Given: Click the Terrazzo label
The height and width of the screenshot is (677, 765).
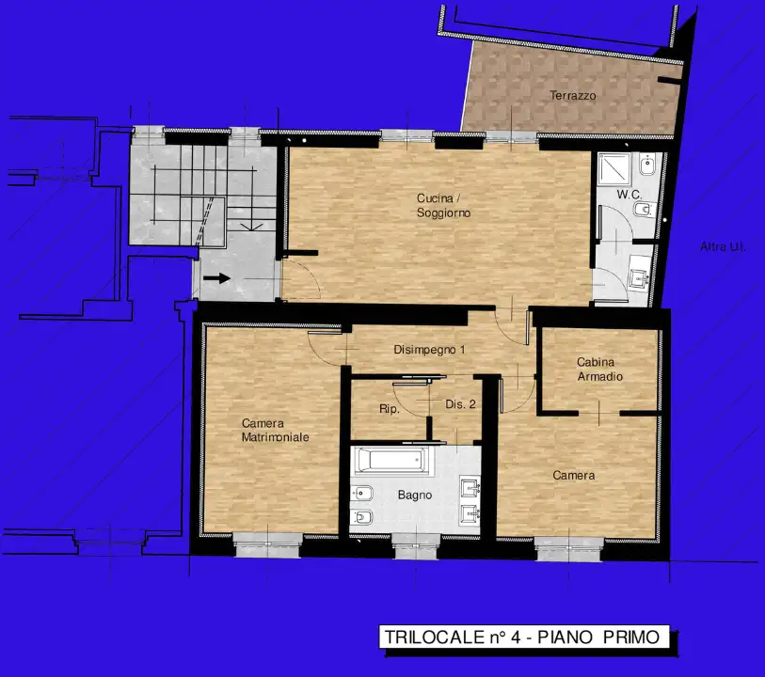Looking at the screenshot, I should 573,95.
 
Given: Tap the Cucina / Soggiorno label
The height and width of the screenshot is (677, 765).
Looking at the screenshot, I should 443,206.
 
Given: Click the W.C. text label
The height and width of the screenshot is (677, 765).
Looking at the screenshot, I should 629,195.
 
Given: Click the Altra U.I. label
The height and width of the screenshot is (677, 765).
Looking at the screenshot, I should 723,246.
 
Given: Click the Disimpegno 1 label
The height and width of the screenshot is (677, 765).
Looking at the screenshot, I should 430,350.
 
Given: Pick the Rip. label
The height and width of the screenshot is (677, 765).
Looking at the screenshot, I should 390,409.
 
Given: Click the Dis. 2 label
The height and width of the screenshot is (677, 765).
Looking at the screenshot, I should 459,404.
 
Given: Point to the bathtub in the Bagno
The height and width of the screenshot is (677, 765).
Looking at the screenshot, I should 392,460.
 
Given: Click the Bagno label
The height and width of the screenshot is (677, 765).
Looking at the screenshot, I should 414,495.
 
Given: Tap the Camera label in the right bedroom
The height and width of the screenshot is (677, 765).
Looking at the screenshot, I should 573,475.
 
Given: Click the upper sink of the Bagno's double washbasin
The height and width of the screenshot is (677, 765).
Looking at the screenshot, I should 470,487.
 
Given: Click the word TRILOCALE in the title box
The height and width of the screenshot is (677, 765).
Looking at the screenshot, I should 423,637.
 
